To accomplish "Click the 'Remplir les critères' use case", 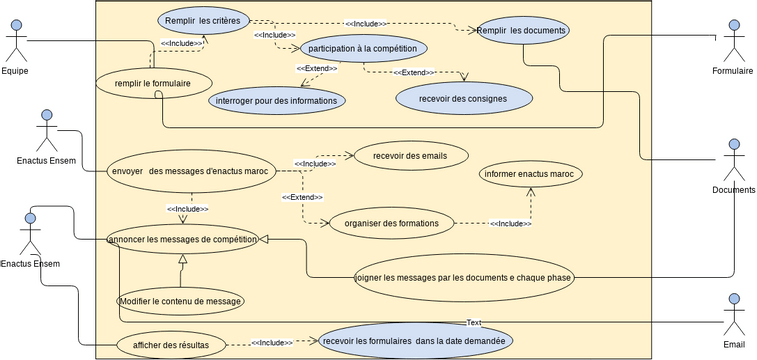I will point(204,19).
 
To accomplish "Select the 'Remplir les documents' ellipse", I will point(523,31).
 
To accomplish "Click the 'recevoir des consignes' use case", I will point(464,98).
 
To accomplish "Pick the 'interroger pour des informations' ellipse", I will point(277,100).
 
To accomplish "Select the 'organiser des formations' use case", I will point(384,223).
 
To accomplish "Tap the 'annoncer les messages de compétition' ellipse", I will point(183,239).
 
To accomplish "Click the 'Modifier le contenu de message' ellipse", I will point(180,300).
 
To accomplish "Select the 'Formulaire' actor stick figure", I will point(734,41).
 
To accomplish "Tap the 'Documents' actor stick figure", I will point(734,160).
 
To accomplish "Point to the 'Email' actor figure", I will point(734,314).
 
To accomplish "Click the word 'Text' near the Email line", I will point(474,322).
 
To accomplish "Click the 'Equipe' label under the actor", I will point(14,71).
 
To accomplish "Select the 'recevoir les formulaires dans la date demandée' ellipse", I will point(415,341).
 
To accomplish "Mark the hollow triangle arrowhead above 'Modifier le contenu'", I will point(182,259).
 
